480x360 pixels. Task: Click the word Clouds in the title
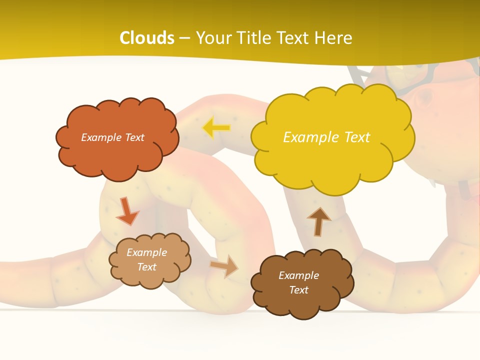[147, 38]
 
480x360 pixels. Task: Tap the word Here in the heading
[334, 38]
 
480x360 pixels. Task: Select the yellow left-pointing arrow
[216, 128]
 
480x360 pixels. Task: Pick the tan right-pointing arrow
[224, 266]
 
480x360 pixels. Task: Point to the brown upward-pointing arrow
[319, 221]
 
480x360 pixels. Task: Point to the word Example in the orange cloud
[101, 137]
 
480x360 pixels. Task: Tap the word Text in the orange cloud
[134, 137]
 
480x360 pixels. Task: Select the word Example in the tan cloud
[146, 252]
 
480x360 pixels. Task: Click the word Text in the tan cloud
[146, 267]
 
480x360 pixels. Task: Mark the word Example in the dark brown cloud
[298, 275]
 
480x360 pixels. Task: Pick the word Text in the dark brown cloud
[298, 290]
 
